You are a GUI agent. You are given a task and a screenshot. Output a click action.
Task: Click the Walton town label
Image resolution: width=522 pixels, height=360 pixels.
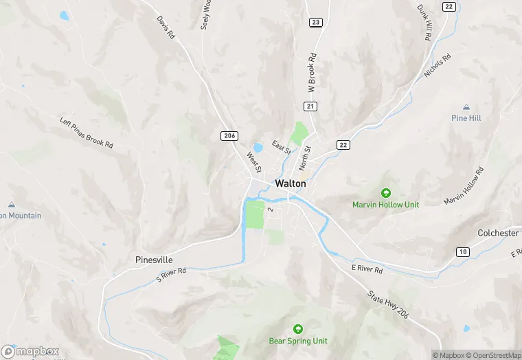pyautogui.click(x=291, y=184)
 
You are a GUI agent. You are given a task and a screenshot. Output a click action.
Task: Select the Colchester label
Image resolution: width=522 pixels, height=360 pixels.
pyautogui.click(x=498, y=233)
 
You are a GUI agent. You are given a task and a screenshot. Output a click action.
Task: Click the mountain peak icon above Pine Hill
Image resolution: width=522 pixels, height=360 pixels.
pyautogui.click(x=466, y=107)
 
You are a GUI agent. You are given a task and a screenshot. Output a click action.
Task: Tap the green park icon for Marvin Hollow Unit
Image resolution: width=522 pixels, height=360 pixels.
pyautogui.click(x=385, y=193)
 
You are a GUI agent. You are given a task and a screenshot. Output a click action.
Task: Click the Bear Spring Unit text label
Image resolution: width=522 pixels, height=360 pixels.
pyautogui.click(x=297, y=341)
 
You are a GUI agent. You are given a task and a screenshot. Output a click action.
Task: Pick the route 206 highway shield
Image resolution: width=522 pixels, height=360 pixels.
pyautogui.click(x=229, y=136)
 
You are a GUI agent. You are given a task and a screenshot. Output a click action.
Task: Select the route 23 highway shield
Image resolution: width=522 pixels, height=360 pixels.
pyautogui.click(x=315, y=23)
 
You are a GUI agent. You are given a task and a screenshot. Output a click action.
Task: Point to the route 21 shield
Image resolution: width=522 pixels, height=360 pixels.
pyautogui.click(x=310, y=106)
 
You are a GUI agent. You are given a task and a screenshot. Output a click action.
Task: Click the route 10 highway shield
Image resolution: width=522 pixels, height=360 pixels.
pyautogui.click(x=463, y=252)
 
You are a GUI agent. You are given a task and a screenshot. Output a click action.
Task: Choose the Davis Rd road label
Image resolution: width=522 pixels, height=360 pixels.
pyautogui.click(x=166, y=28)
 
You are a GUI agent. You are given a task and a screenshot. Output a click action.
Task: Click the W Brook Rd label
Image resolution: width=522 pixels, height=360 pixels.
pyautogui.click(x=311, y=74)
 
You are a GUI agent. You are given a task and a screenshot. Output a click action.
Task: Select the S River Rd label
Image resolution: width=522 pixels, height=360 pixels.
pyautogui.click(x=172, y=275)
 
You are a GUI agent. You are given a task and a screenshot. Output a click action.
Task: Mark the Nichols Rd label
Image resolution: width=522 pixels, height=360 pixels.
pyautogui.click(x=437, y=67)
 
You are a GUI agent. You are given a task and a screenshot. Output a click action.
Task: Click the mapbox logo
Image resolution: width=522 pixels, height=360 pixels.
pyautogui.click(x=30, y=351)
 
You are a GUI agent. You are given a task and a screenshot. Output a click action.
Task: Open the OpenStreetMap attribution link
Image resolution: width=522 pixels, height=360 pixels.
pyautogui.click(x=494, y=355)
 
